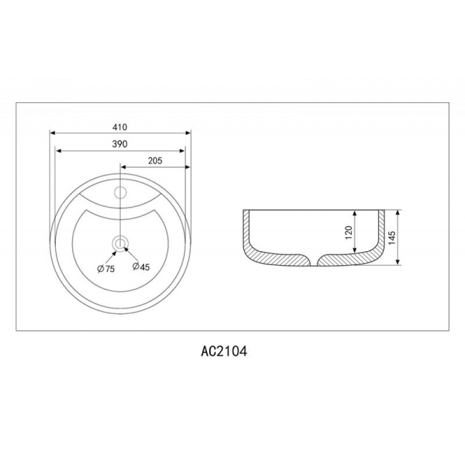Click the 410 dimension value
click(120, 127)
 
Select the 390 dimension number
click(120, 144)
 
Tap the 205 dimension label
click(155, 160)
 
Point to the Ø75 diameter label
click(106, 269)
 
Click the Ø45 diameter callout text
click(141, 267)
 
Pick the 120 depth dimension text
click(348, 233)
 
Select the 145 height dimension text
click(392, 238)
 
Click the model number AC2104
click(224, 352)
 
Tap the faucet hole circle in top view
click(120, 192)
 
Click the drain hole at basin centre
click(120, 244)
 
